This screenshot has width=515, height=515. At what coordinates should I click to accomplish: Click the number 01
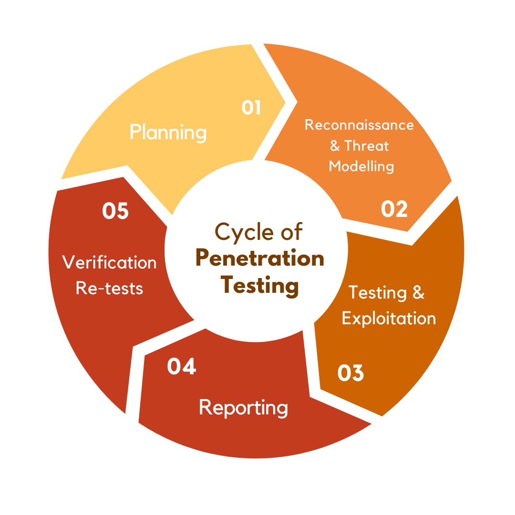(x=251, y=108)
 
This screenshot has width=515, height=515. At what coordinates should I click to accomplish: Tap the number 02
(x=394, y=209)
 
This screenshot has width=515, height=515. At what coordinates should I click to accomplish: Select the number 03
(x=350, y=373)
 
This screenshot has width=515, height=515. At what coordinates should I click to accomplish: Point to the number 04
(x=182, y=366)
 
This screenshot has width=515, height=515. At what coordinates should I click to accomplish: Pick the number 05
(x=115, y=211)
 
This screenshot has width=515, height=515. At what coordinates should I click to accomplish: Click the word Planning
(x=168, y=133)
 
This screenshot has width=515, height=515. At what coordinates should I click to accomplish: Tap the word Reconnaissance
(x=359, y=125)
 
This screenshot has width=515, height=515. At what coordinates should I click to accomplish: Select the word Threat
(x=367, y=145)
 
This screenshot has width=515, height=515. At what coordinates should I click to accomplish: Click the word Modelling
(x=361, y=166)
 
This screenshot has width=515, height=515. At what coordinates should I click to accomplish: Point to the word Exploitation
(x=389, y=318)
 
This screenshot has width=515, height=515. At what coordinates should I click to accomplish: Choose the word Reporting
(x=243, y=408)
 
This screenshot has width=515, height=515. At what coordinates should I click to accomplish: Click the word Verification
(x=110, y=262)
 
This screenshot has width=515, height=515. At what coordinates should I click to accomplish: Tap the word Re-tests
(x=110, y=288)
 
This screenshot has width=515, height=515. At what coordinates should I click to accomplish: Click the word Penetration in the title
(x=260, y=259)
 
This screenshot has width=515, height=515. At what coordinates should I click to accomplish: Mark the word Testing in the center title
(x=260, y=286)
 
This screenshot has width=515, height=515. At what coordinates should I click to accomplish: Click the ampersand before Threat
(x=335, y=146)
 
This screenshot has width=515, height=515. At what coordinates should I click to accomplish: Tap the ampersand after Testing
(x=418, y=292)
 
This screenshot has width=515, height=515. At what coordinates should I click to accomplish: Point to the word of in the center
(x=291, y=232)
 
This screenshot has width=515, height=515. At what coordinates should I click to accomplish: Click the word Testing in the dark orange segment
(x=378, y=293)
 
